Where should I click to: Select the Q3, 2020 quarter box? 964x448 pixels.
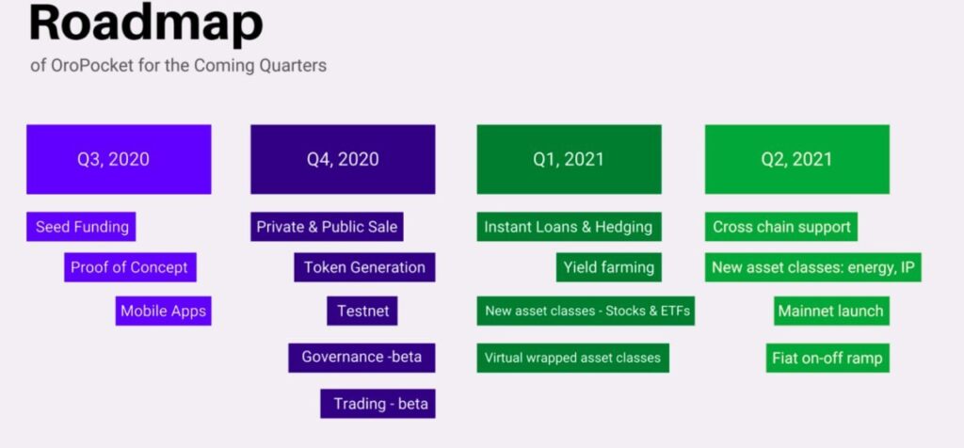(119, 159)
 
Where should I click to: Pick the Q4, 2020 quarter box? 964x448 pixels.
(343, 159)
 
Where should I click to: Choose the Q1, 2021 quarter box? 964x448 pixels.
(569, 159)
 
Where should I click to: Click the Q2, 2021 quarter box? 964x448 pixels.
(796, 159)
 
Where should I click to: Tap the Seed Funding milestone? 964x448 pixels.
(81, 227)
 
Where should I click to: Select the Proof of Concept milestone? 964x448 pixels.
(130, 267)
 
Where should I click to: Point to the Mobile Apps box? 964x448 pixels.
(164, 311)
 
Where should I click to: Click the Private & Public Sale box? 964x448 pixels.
(327, 227)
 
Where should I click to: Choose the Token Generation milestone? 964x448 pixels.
(364, 267)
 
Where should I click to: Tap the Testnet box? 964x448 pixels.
(362, 311)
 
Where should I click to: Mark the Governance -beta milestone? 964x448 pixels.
(361, 358)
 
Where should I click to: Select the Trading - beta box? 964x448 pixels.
(378, 404)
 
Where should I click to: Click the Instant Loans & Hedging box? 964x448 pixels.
(569, 227)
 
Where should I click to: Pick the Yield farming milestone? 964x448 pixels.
(609, 267)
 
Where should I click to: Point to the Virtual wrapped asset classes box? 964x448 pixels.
(572, 358)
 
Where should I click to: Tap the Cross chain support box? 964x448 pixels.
(780, 227)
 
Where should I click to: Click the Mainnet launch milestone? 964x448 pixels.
(831, 311)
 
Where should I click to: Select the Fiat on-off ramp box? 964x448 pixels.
(827, 358)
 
